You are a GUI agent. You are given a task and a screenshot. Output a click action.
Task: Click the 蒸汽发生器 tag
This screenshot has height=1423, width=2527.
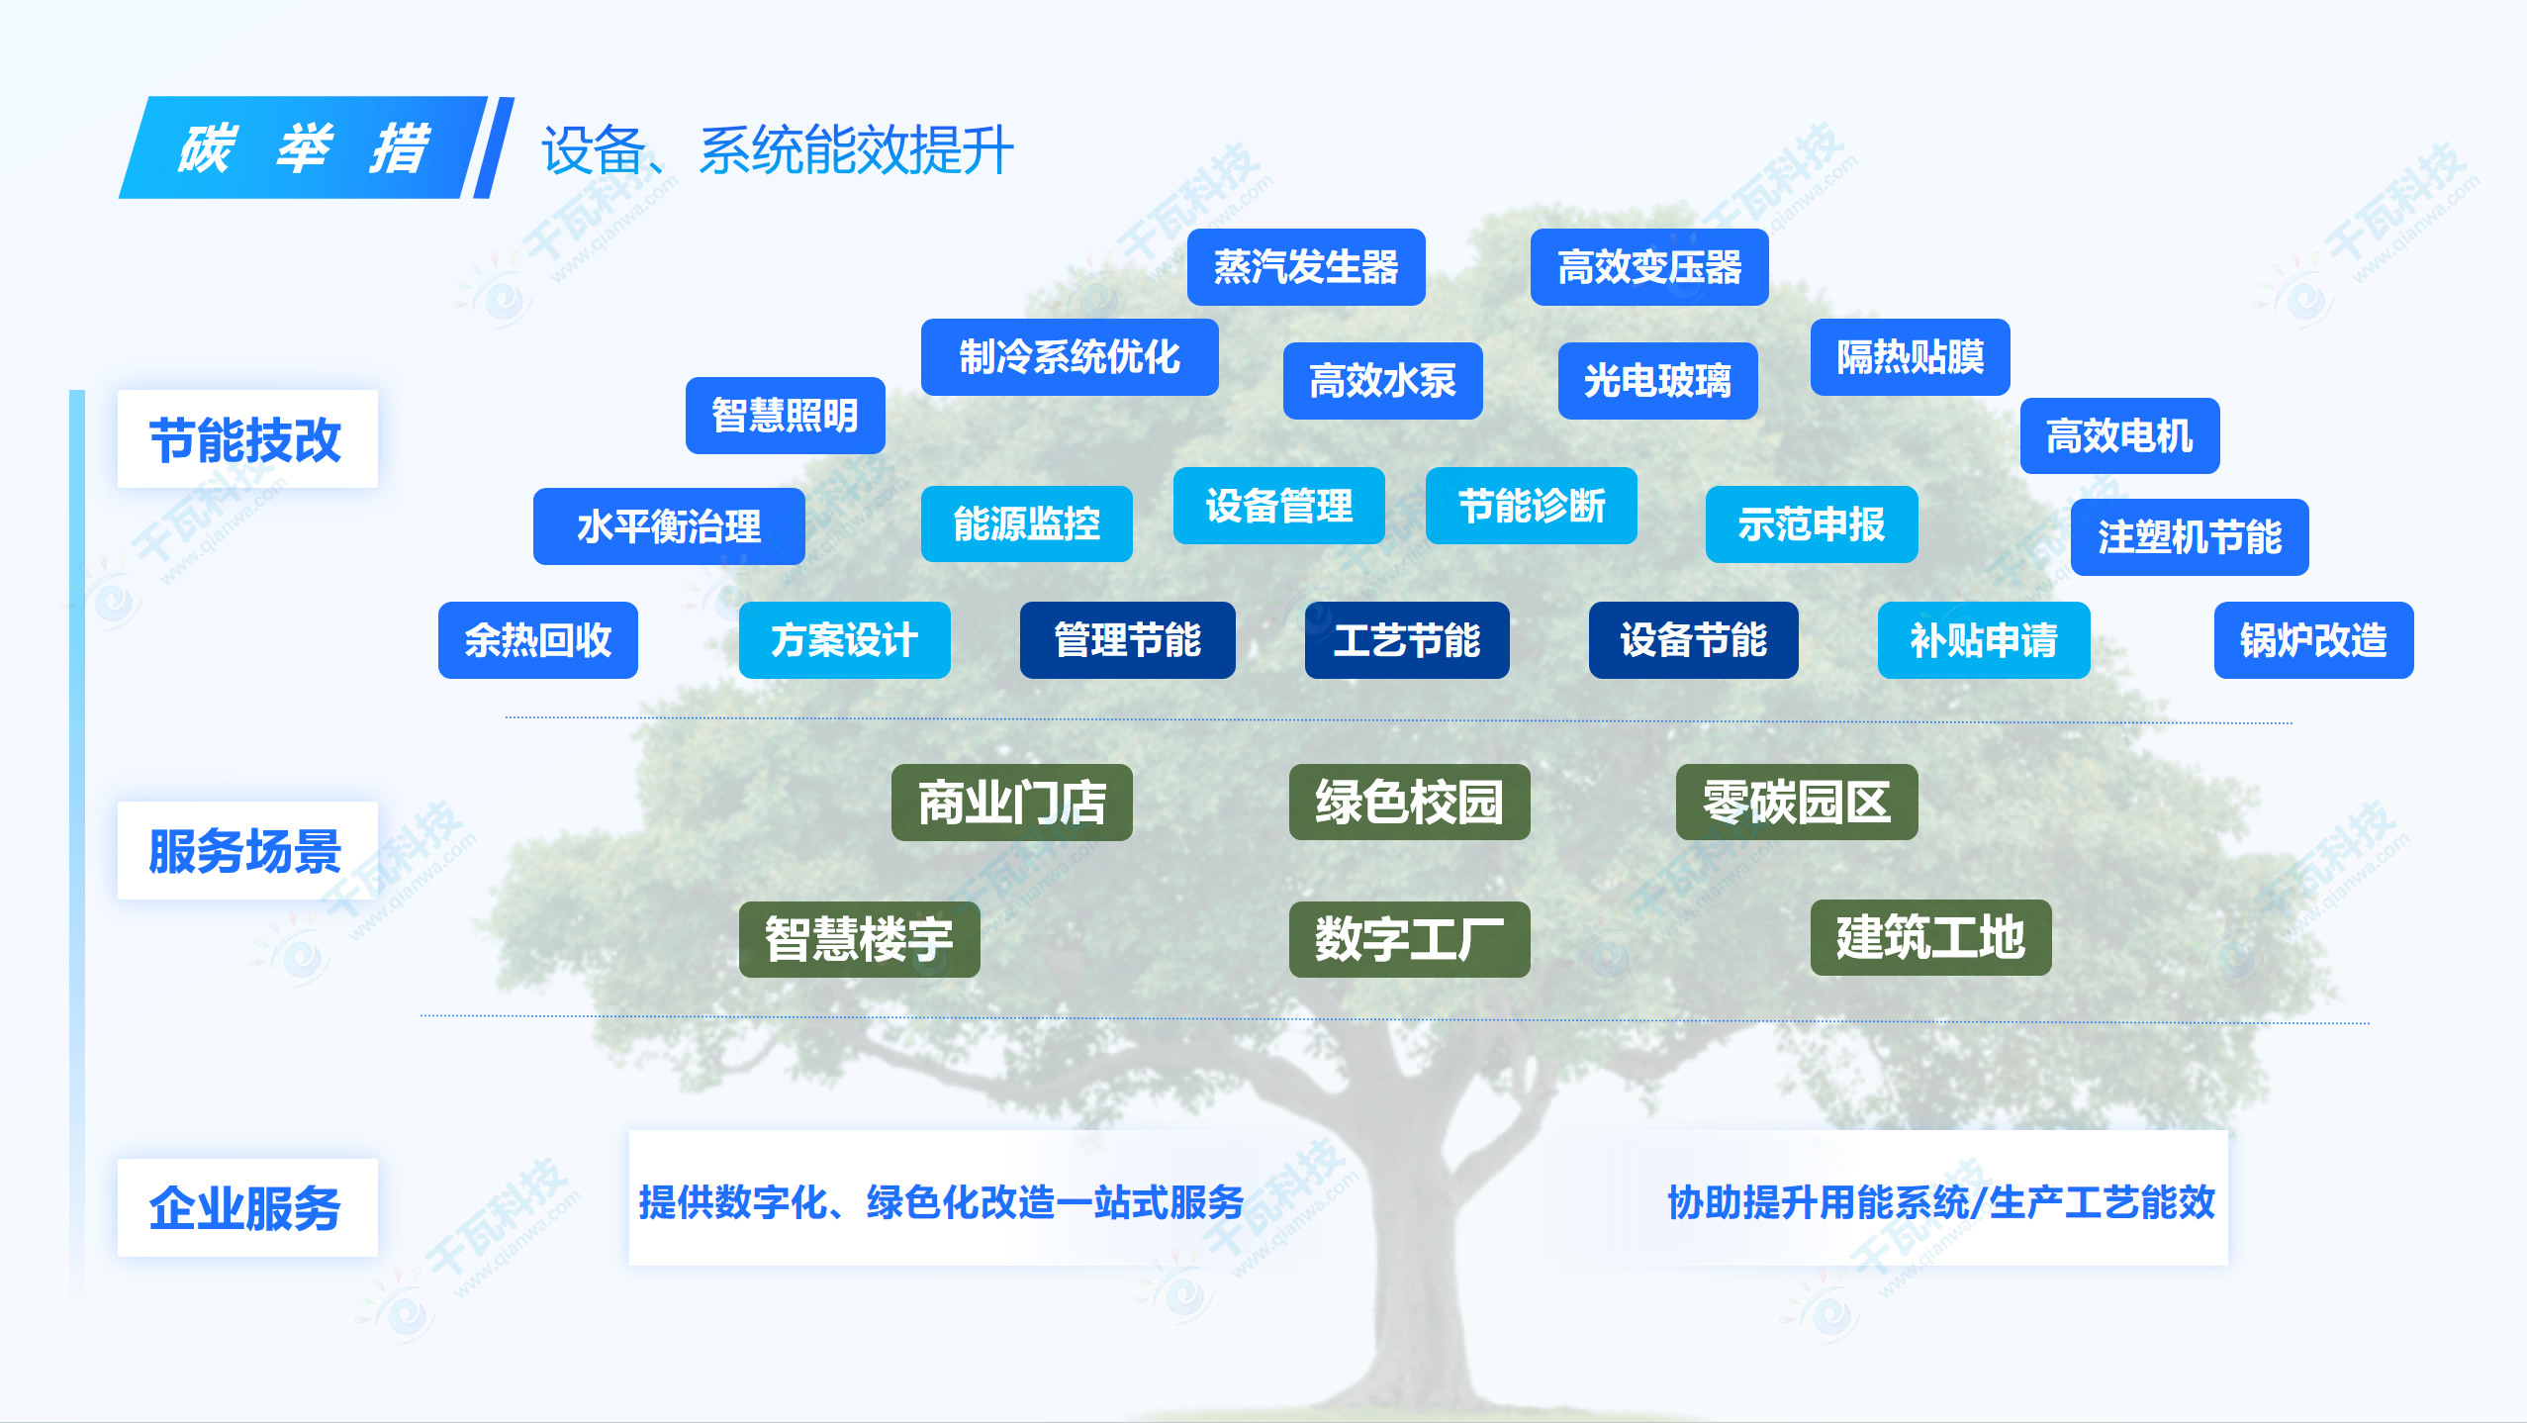tap(1306, 267)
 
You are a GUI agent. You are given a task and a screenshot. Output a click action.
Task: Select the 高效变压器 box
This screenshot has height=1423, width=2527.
tap(1649, 267)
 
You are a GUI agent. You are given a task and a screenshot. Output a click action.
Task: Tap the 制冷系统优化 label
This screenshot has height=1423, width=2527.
tap(1070, 357)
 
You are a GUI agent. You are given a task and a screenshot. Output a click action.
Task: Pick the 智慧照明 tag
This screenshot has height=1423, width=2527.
tap(786, 416)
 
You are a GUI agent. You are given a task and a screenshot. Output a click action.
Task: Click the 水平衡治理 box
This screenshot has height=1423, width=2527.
tap(669, 526)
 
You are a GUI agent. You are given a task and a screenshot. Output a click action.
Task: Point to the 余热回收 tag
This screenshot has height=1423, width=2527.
tap(538, 640)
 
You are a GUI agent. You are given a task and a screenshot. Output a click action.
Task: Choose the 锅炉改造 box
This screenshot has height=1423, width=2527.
tap(2314, 640)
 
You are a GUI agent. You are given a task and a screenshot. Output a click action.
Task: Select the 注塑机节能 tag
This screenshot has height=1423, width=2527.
tap(2190, 537)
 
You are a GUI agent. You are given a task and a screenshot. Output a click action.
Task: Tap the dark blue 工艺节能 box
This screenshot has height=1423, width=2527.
tap(1407, 640)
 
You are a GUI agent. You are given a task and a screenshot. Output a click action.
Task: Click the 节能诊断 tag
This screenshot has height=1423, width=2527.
tap(1532, 506)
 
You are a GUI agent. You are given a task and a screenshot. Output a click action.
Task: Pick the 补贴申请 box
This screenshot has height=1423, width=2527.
tap(1984, 640)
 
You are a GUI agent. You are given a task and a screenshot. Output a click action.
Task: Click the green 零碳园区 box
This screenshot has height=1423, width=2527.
tap(1797, 803)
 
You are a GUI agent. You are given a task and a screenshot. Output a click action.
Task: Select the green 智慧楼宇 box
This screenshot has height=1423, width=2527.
tap(860, 939)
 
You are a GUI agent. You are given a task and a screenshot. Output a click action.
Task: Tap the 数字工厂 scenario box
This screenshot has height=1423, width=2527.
tap(1410, 939)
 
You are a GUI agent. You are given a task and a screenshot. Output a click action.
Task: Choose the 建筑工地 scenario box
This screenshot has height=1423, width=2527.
tap(1931, 937)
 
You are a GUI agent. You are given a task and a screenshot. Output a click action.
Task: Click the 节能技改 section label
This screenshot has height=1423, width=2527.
tap(247, 439)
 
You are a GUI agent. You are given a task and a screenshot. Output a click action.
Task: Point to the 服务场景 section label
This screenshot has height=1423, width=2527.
tap(247, 851)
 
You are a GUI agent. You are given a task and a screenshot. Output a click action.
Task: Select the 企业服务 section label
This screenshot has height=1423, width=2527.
tap(247, 1208)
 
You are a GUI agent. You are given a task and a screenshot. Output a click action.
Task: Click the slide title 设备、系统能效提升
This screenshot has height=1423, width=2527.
tap(778, 150)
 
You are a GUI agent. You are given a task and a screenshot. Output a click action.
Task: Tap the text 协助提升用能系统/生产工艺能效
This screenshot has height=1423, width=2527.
tap(1941, 1202)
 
